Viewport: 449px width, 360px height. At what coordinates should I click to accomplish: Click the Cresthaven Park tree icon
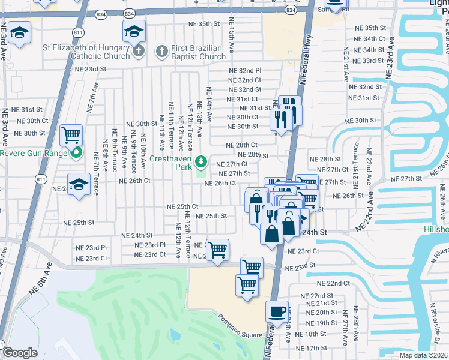pos(202,161)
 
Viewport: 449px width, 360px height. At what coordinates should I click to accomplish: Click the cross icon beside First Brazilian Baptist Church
pos(161,52)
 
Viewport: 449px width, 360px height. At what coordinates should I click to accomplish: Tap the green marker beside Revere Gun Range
pos(76,153)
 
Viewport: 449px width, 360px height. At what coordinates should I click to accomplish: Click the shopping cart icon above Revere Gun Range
pos(71,135)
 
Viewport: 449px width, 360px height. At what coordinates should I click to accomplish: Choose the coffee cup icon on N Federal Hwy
pos(277,311)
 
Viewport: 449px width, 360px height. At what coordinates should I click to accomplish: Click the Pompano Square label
pos(240,334)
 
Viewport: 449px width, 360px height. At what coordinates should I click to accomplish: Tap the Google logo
pos(20,353)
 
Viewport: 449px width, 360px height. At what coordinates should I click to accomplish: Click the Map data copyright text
pos(426,355)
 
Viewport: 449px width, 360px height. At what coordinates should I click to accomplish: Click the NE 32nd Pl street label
pos(244,70)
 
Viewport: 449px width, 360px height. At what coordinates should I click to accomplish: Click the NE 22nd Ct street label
pos(334,283)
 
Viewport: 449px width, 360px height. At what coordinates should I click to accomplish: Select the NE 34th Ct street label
pos(369,38)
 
